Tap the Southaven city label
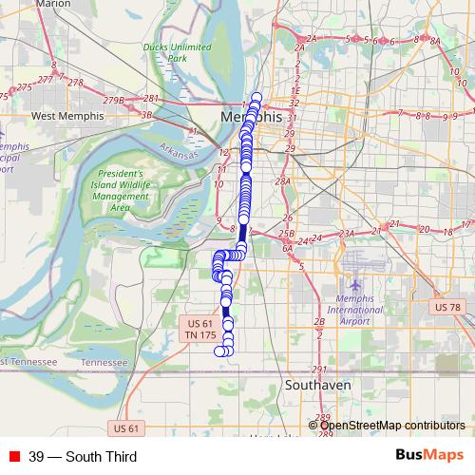[x=318, y=386]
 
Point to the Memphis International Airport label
[x=354, y=309]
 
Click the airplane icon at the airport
[x=355, y=285]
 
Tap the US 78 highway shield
[x=447, y=307]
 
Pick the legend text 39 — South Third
[x=83, y=457]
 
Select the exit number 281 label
[x=151, y=98]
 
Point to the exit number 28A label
[x=281, y=180]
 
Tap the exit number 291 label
[x=319, y=370]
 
